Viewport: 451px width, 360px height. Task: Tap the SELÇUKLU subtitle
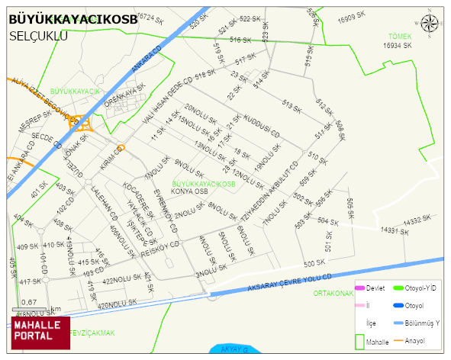[x=39, y=36]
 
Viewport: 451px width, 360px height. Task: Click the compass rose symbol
[x=430, y=23]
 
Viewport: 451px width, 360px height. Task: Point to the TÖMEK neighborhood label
[x=399, y=37]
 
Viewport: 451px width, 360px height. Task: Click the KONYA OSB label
[x=191, y=191]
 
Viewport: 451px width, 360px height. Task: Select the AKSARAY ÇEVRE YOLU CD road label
[x=291, y=282]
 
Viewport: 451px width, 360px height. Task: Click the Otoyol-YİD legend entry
[x=420, y=288]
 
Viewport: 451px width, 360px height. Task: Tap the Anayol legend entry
[x=416, y=340]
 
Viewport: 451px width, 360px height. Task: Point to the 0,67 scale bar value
[x=29, y=302]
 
